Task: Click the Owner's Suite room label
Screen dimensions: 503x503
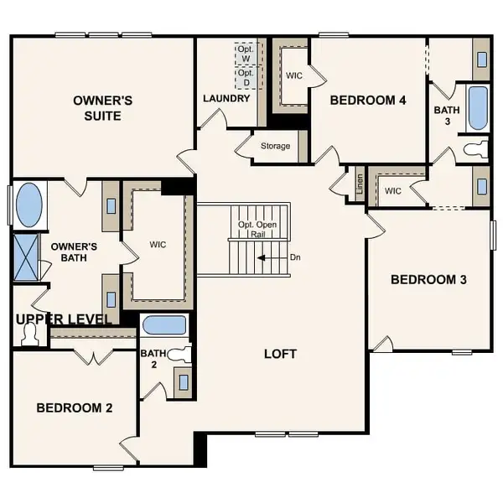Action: pos(102,108)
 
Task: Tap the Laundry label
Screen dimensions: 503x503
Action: pos(226,99)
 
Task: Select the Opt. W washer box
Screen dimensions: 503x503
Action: pos(246,52)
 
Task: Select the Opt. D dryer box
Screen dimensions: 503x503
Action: pos(246,77)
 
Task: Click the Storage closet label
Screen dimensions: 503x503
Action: pos(275,147)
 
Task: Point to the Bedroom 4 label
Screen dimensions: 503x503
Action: pos(368,101)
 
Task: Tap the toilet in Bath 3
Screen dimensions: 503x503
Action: pos(475,150)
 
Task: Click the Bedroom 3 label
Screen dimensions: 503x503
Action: pos(428,279)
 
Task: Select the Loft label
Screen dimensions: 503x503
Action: pos(281,354)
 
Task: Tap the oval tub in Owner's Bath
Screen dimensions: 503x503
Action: pos(29,205)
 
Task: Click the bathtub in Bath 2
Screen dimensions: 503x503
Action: pos(164,325)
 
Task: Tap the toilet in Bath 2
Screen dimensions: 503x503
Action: pos(179,355)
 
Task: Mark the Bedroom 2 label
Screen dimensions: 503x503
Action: pos(75,407)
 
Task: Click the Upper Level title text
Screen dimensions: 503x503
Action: pos(64,319)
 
